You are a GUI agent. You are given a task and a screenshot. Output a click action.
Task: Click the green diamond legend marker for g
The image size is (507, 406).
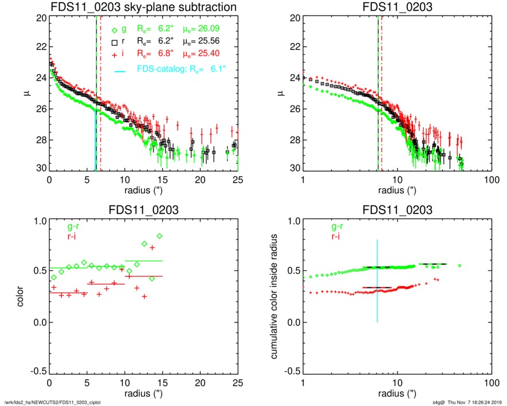tap(115, 29)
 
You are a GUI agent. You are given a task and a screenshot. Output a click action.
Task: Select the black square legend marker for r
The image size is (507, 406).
tap(115, 42)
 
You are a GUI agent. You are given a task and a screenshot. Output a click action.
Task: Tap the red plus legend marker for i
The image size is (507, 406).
tap(115, 54)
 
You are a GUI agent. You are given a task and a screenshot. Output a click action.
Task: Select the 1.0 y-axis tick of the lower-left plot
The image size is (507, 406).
tap(38, 222)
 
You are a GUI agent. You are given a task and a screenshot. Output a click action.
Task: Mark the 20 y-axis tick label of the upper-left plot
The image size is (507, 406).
tap(41, 18)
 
